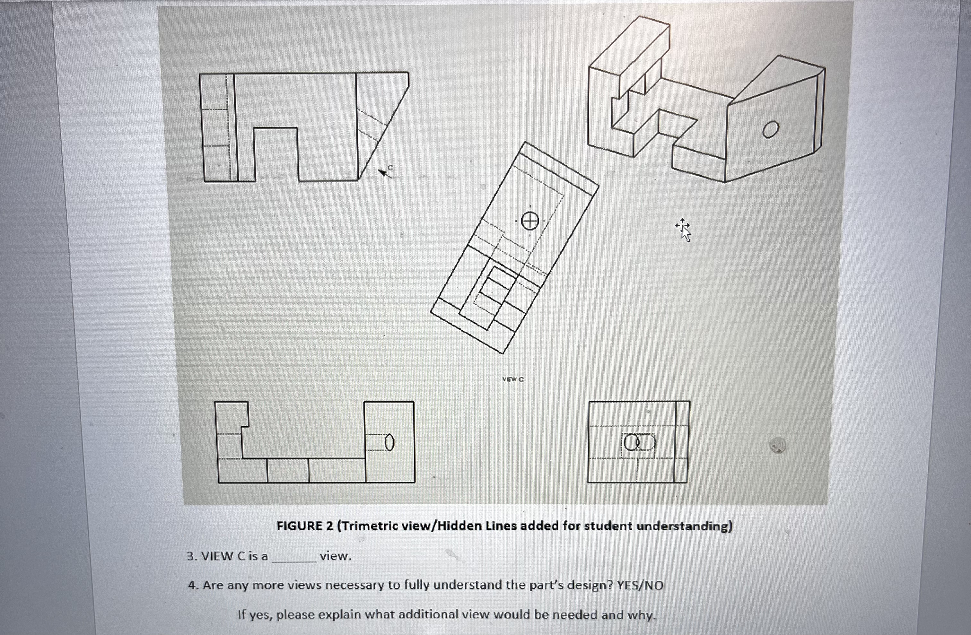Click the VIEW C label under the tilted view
[512, 379]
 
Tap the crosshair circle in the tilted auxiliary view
[529, 222]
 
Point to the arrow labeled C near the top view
[385, 173]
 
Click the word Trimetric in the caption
[369, 526]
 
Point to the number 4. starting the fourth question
[193, 586]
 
